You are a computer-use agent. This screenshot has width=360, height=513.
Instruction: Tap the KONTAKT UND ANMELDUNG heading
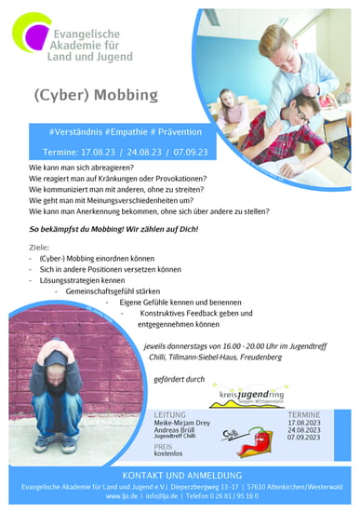[180, 475]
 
